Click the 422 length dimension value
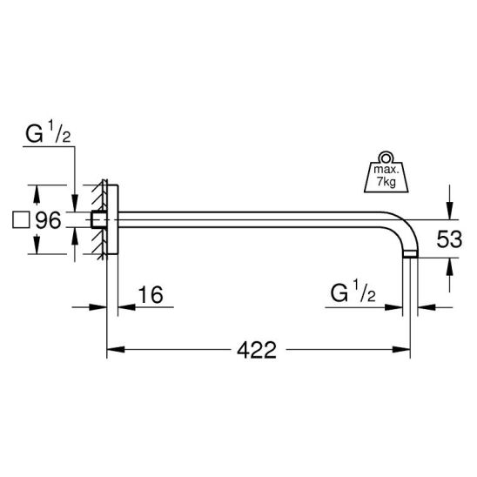(x=257, y=350)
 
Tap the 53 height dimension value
(x=449, y=238)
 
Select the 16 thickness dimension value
(x=151, y=295)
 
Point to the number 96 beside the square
(x=49, y=220)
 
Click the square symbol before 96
(x=21, y=220)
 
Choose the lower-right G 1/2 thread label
(x=353, y=292)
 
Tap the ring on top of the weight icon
(x=386, y=158)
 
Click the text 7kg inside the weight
(x=386, y=182)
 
